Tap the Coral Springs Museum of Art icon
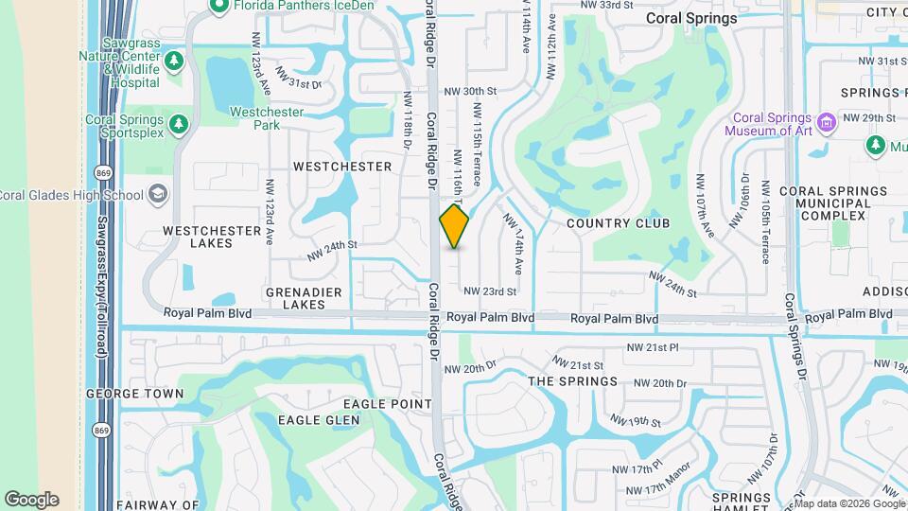828,122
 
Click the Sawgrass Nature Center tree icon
174,62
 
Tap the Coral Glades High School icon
158,195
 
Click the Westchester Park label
267,118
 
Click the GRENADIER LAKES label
308,298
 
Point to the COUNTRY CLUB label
618,223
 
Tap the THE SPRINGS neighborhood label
572,381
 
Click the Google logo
31,500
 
